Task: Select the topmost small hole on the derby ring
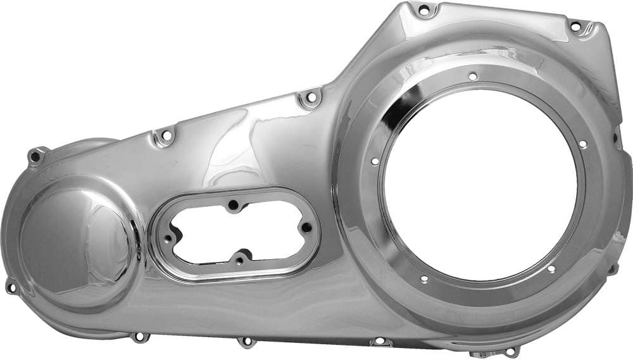click(x=472, y=76)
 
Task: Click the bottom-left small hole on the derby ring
click(x=422, y=279)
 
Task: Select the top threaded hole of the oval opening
click(x=234, y=205)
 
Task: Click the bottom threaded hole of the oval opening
click(x=239, y=260)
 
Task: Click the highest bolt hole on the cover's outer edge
click(x=424, y=9)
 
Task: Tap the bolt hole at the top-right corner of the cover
click(x=575, y=26)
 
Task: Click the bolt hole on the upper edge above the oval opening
click(x=166, y=135)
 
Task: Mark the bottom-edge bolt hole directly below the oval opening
click(x=245, y=342)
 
